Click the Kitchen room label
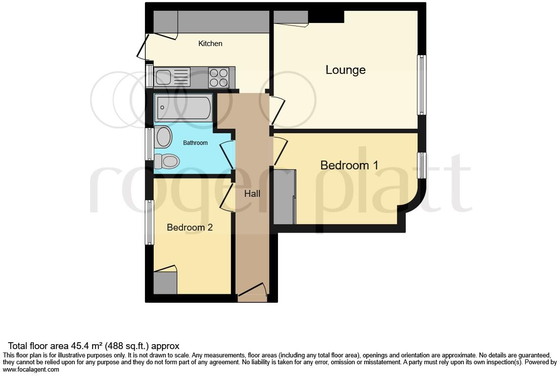point(210,44)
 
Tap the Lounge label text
point(346,70)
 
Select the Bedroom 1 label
point(349,165)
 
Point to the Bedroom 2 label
point(189,227)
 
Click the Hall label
point(252,194)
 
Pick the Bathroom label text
point(195,143)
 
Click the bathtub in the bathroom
point(183,108)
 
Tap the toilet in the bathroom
point(166,161)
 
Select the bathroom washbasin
point(163,137)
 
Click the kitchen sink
point(171,77)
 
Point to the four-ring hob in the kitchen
point(219,77)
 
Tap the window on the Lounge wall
point(421,85)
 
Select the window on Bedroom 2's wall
point(149,222)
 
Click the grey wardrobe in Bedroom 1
point(284,197)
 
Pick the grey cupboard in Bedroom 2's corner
point(165,283)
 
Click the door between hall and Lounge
point(277,111)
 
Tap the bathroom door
point(227,154)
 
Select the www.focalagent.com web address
point(31,370)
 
